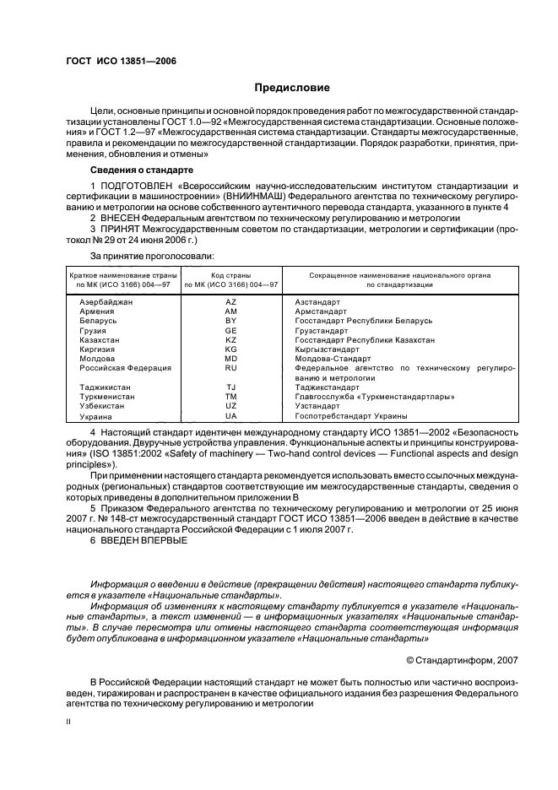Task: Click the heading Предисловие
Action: (x=292, y=88)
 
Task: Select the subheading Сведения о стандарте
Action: (x=139, y=170)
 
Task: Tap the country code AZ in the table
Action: (x=230, y=301)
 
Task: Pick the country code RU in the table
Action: (x=230, y=368)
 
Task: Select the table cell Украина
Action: (x=95, y=416)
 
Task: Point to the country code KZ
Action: (x=230, y=339)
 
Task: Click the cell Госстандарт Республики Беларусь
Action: (x=363, y=321)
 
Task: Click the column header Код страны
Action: (x=230, y=275)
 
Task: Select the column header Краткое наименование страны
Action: (x=117, y=275)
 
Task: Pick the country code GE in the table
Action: (x=230, y=330)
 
